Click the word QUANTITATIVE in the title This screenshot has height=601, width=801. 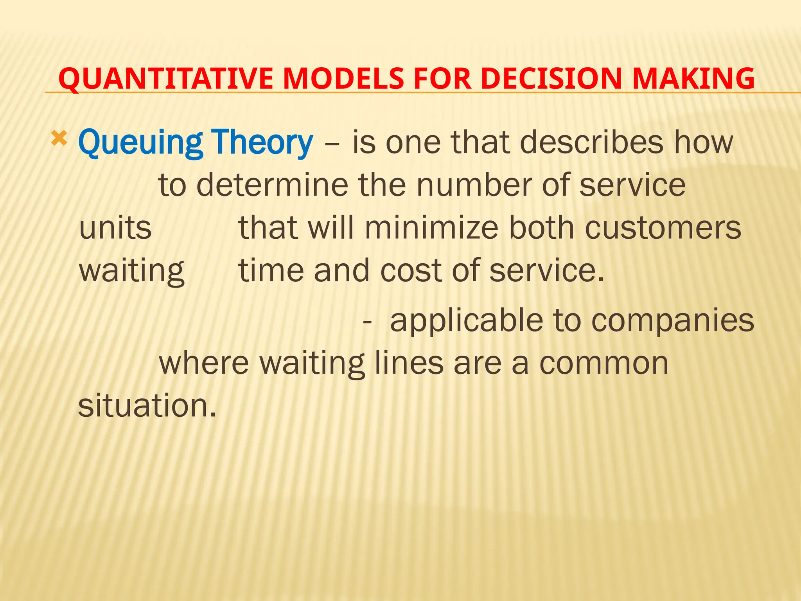click(x=165, y=79)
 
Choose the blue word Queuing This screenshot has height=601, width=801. click(x=140, y=143)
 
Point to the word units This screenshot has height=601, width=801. click(x=115, y=229)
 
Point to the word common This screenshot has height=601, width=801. click(x=604, y=363)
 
